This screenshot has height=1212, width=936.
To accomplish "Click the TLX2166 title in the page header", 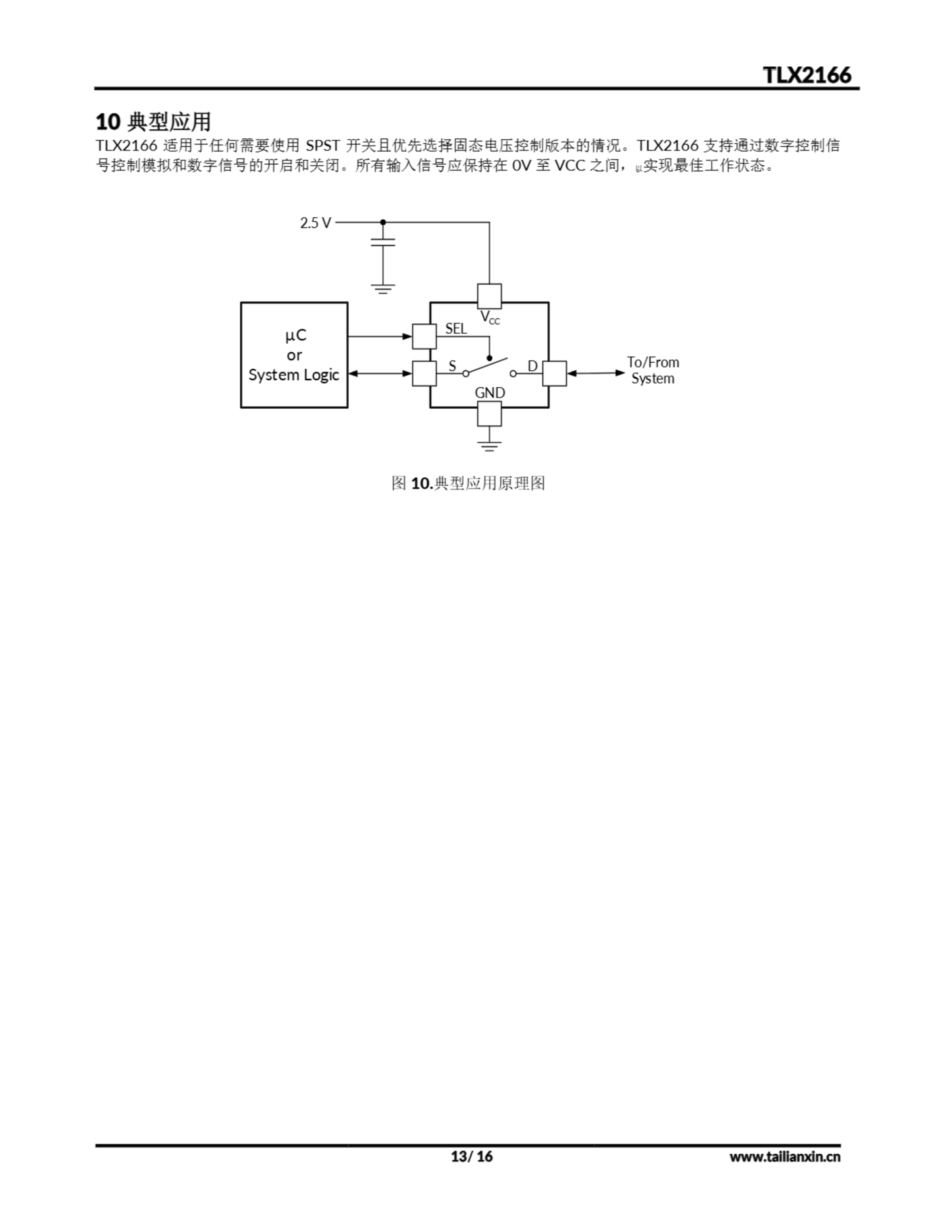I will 806,75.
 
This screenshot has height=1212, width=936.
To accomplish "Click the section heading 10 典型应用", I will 153,122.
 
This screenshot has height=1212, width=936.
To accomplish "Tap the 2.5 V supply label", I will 315,223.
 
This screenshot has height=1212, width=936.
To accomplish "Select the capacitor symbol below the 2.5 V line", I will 383,242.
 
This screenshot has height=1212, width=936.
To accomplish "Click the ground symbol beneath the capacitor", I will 383,289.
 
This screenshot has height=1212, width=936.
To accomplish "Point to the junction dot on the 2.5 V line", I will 383,223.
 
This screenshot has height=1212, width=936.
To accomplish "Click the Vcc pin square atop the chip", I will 489,296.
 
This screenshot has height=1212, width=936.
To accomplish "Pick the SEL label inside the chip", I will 456,329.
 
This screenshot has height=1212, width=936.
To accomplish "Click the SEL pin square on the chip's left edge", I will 424,337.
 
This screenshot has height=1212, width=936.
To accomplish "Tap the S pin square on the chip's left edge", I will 424,374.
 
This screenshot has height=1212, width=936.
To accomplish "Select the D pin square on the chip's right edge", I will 554,374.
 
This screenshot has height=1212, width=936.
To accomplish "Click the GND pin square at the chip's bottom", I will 489,413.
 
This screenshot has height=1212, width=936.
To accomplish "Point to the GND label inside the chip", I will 489,393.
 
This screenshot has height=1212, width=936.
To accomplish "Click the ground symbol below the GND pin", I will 489,446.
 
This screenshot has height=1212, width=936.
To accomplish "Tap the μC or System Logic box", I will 294,355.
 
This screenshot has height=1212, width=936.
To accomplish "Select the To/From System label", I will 653,370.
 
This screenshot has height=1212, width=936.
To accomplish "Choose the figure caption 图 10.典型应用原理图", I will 468,483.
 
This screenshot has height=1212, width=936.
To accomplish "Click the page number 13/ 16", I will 472,1157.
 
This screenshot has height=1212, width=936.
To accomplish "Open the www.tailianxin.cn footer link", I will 785,1157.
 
